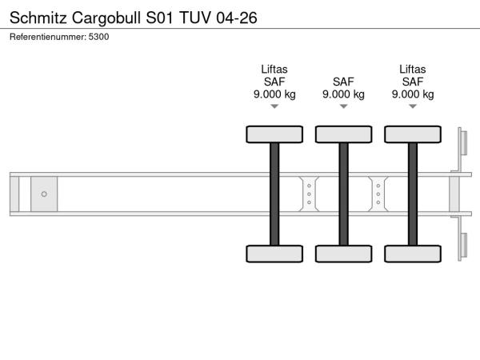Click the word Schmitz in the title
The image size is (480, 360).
tap(37, 16)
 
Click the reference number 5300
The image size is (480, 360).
tap(99, 37)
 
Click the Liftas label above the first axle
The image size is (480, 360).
tap(274, 69)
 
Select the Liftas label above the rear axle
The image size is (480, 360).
tap(413, 69)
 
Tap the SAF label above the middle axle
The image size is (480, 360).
tap(343, 81)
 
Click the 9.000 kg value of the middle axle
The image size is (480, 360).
tap(343, 94)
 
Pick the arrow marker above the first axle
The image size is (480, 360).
tap(274, 106)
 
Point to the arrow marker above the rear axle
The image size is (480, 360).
tap(413, 106)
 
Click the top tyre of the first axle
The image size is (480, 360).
tap(274, 134)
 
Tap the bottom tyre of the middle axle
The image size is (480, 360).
tap(343, 254)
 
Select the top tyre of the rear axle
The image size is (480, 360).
tap(413, 134)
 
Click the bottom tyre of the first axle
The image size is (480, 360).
tap(274, 254)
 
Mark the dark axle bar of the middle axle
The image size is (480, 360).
tap(343, 194)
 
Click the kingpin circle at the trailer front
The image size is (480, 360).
tap(44, 194)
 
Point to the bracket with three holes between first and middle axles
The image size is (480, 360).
tap(309, 194)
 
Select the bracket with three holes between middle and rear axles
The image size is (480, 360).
tap(378, 194)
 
